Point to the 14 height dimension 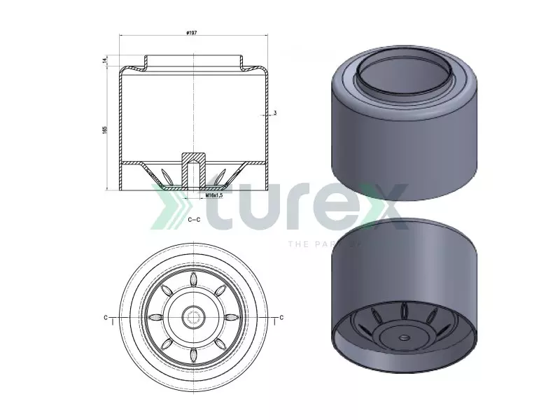[x=104, y=61]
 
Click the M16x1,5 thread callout [x=213, y=196]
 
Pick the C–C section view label [x=195, y=219]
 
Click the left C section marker [x=106, y=318]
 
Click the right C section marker [x=281, y=318]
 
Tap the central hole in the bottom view [x=192, y=317]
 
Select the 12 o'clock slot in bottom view [x=192, y=281]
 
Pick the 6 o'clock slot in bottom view [x=192, y=353]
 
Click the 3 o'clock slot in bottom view [x=229, y=317]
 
